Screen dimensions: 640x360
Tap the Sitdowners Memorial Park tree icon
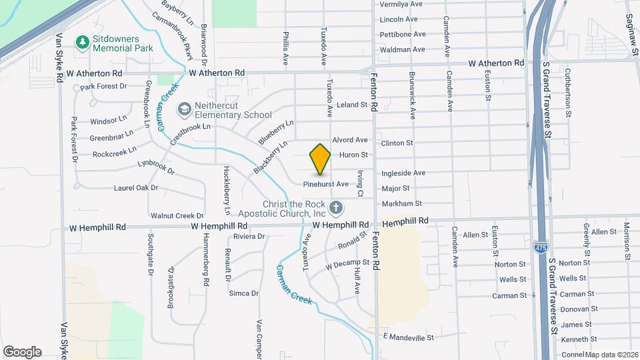click(x=83, y=43)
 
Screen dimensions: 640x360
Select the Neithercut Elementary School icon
click(x=183, y=109)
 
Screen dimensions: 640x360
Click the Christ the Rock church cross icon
click(x=336, y=208)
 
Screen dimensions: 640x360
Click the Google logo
click(x=22, y=352)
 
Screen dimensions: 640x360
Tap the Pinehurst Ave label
click(x=326, y=184)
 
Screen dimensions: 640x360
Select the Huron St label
click(x=354, y=155)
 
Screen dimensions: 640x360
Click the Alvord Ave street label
click(x=350, y=140)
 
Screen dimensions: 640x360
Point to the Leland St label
click(x=353, y=105)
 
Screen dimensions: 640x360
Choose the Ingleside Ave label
click(x=403, y=173)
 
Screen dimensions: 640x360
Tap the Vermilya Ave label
click(x=401, y=4)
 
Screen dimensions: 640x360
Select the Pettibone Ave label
click(x=403, y=34)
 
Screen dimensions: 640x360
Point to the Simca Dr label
click(x=243, y=293)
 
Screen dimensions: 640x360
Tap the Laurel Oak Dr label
click(x=135, y=188)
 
